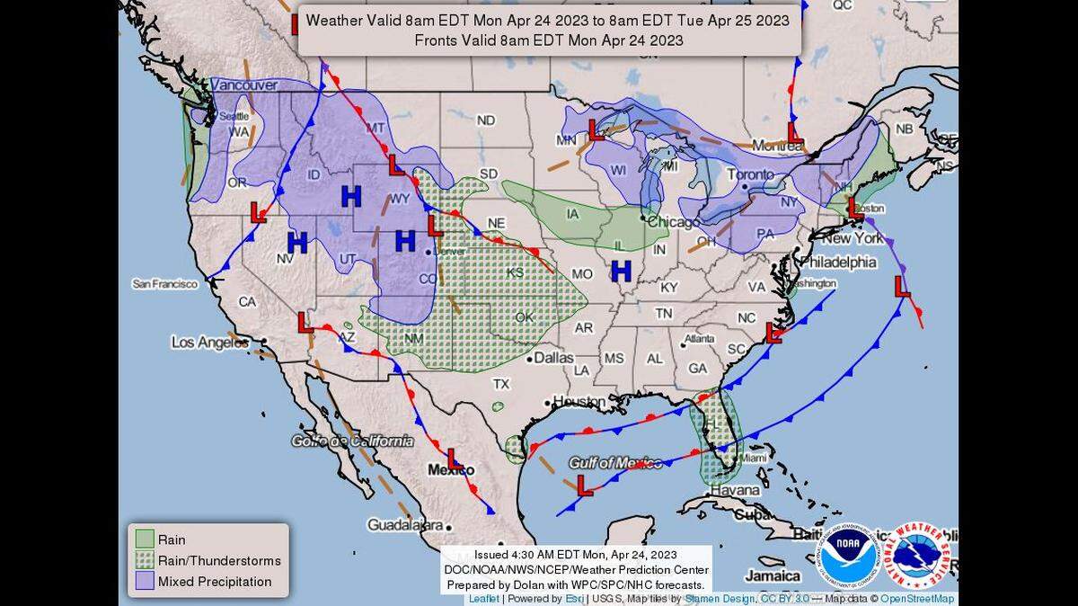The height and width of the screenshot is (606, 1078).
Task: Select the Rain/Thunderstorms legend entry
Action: click(x=219, y=560)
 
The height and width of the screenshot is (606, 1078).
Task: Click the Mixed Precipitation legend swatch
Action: click(x=145, y=582)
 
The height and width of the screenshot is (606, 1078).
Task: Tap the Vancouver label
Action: click(x=243, y=85)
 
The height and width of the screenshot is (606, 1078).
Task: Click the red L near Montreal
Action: click(x=795, y=132)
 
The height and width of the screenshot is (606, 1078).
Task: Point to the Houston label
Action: click(x=579, y=401)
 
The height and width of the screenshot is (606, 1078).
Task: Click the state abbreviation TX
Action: click(x=500, y=384)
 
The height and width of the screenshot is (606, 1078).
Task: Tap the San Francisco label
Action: click(x=164, y=284)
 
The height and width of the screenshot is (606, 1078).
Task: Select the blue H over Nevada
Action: click(x=297, y=241)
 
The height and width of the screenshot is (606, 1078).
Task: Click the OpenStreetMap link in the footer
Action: click(x=918, y=599)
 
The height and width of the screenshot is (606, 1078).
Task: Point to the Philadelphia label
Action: click(x=837, y=263)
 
